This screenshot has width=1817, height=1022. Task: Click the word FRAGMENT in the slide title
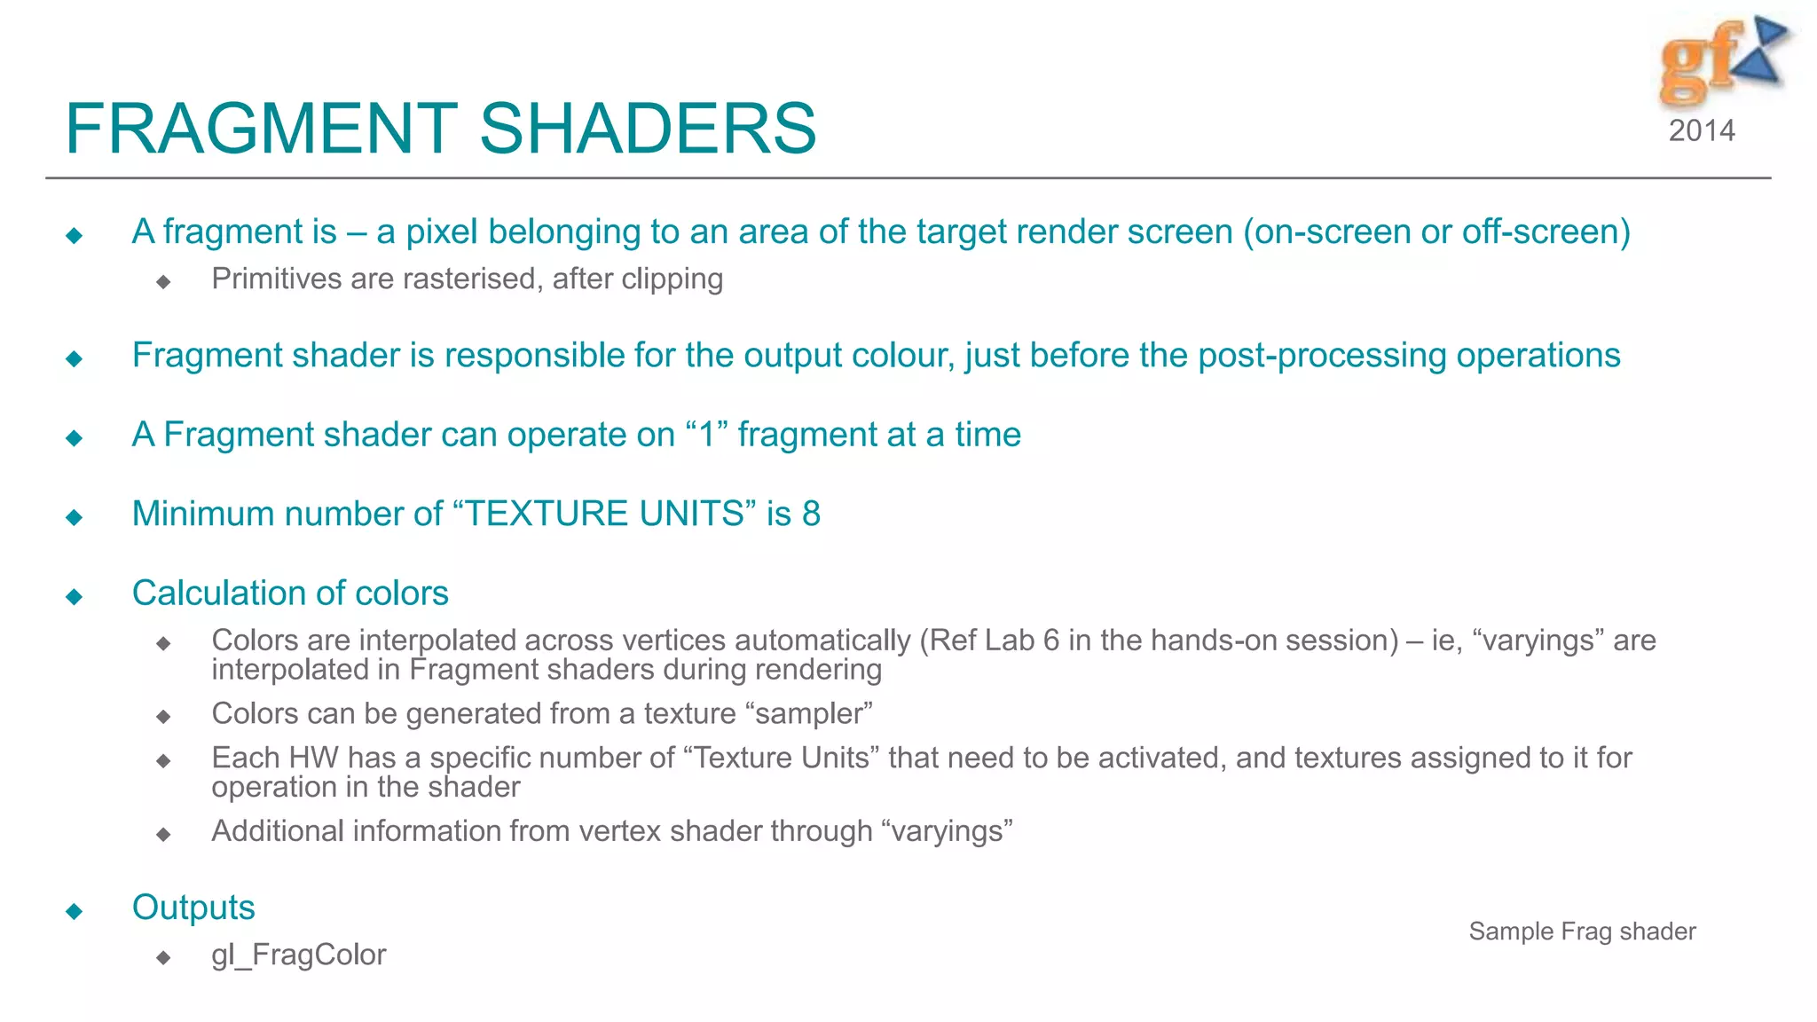[x=261, y=129]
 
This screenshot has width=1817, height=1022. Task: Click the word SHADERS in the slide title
[x=648, y=129]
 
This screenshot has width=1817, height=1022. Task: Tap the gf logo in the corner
[x=1720, y=60]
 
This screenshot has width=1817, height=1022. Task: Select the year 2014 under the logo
[x=1702, y=130]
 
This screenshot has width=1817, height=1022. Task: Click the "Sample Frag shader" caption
[x=1582, y=932]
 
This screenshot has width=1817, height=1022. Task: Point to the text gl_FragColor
[x=298, y=955]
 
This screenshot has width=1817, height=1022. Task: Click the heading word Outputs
[x=193, y=908]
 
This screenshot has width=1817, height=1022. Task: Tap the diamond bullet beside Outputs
[x=75, y=911]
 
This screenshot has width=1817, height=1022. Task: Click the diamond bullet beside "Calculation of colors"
[x=75, y=596]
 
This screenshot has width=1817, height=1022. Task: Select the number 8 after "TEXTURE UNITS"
[x=811, y=514]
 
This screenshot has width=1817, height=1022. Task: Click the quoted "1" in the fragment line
[x=707, y=435]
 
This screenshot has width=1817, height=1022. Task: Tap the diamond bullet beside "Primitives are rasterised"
[x=163, y=282]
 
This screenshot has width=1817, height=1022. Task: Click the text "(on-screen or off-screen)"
[x=1436, y=232]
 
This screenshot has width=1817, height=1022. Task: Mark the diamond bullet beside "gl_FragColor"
[x=163, y=957]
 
